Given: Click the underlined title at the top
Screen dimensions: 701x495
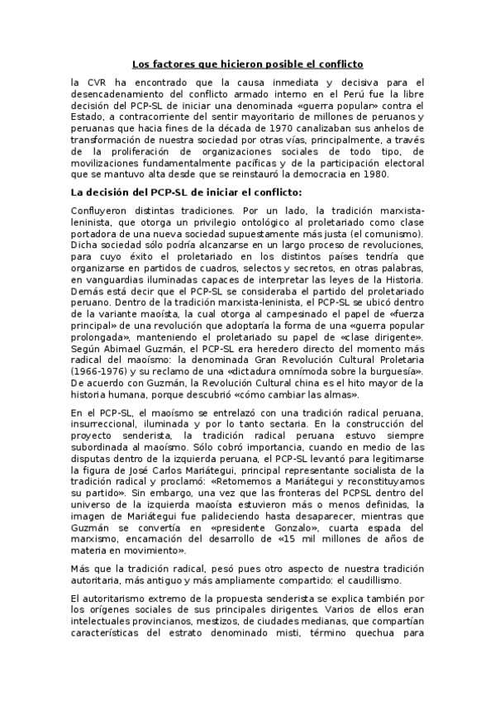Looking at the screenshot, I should pyautogui.click(x=248, y=64).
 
